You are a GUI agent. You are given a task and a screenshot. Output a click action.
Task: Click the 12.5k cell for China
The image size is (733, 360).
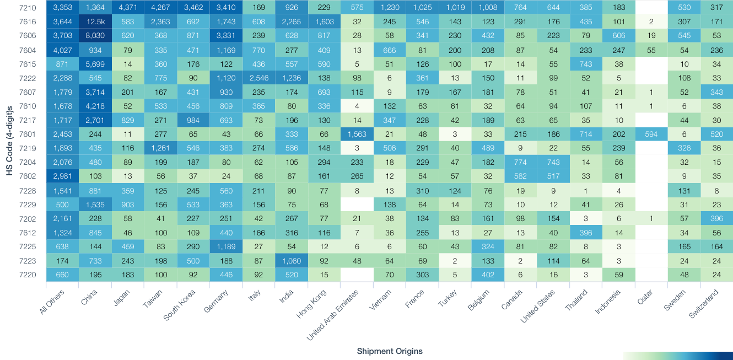(95, 22)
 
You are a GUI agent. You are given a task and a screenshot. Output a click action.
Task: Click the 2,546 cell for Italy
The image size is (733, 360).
(258, 78)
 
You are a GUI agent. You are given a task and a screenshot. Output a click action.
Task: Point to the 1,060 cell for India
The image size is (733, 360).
(291, 260)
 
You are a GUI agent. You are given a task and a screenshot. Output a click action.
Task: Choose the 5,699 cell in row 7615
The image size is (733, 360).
(95, 64)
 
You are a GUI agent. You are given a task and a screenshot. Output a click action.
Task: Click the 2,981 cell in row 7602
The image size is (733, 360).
(62, 176)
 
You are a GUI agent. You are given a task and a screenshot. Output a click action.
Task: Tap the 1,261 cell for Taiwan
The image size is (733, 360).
(160, 148)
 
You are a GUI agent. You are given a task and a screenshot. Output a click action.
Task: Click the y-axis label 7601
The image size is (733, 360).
(28, 134)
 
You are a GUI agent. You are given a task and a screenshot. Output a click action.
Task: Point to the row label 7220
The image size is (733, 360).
(28, 274)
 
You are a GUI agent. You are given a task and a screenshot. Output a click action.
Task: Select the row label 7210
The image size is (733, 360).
(28, 7)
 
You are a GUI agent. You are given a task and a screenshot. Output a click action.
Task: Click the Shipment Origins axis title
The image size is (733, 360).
(390, 351)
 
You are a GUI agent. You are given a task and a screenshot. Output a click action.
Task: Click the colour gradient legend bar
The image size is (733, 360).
(677, 356)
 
